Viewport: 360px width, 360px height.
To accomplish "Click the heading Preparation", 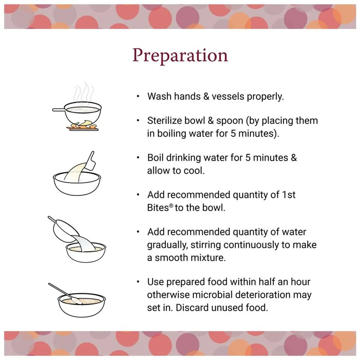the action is [180, 56].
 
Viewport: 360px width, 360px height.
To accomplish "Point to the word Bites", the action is [158, 208].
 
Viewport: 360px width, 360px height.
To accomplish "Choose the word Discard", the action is [192, 308].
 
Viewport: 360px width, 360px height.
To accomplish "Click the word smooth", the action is [170, 258].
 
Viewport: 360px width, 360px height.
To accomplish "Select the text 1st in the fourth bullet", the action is [289, 195].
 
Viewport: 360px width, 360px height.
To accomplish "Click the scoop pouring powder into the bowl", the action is [90, 160].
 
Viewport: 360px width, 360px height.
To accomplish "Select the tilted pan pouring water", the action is [64, 230].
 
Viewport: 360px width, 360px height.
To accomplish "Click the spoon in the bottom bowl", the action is [65, 294].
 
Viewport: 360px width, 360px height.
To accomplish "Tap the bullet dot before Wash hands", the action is [138, 96].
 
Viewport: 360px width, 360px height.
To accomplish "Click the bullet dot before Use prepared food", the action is [138, 282].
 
